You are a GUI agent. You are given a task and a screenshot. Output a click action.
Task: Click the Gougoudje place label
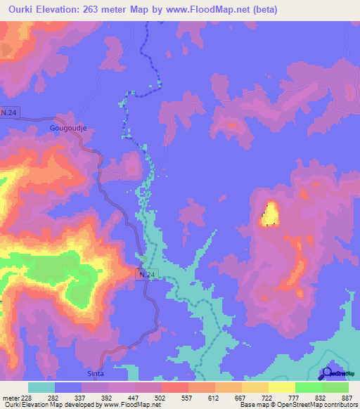point(67,129)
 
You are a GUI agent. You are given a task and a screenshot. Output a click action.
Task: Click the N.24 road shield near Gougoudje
point(9,112)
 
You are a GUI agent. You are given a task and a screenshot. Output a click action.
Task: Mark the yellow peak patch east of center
point(269,214)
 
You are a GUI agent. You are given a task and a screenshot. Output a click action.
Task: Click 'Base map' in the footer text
point(251,405)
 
